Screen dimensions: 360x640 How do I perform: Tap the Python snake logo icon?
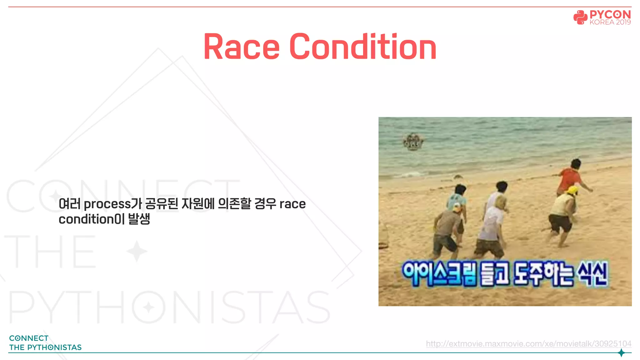580,17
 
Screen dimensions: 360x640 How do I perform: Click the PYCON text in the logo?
610,14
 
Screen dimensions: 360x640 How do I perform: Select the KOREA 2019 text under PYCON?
610,22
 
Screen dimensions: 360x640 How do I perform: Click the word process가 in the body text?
112,204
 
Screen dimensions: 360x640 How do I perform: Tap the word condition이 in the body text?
92,219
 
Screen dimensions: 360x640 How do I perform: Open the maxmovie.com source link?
528,344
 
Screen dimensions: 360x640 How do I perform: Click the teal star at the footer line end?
621,353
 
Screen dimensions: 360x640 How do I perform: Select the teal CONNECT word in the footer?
29,338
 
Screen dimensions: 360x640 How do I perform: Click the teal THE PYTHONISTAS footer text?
45,347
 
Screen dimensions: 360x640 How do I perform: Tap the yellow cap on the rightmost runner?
572,190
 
